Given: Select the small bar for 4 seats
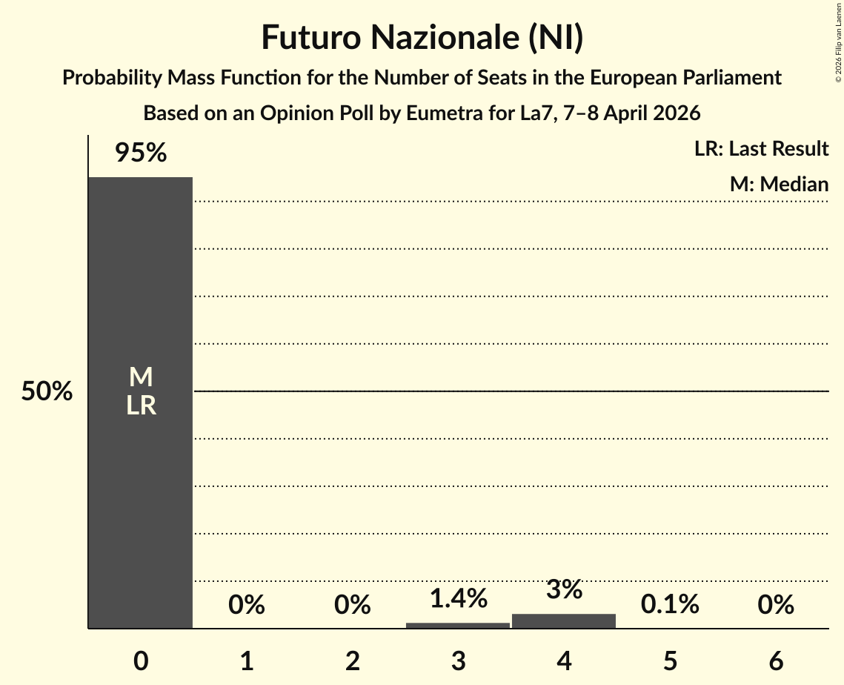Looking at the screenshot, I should coord(564,621).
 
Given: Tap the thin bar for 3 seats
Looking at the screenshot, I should coord(458,625).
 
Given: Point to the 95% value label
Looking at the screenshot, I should coord(141,153).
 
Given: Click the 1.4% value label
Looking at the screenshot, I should coord(458,598).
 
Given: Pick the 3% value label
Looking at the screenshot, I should coord(564,589).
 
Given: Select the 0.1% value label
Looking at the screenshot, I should coord(670,605).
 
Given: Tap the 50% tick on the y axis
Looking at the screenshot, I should coord(47,391).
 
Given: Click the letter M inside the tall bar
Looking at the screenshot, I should coord(141,378).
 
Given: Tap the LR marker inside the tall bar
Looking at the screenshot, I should coord(141,406).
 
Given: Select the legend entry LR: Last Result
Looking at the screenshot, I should coord(761,149).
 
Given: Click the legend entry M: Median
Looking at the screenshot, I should coord(779,185).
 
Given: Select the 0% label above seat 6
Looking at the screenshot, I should coord(776,606).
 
